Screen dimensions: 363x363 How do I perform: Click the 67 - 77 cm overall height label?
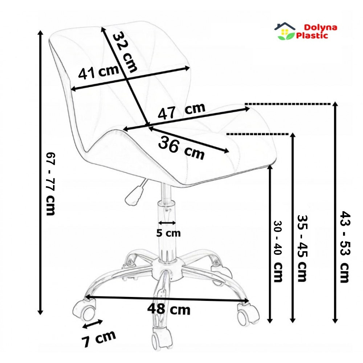[51, 184]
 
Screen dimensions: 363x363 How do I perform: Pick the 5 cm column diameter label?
[168, 233]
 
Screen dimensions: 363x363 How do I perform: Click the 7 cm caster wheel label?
[98, 338]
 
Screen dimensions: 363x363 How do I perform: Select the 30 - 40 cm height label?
[278, 251]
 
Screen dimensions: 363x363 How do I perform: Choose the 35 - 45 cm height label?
[302, 248]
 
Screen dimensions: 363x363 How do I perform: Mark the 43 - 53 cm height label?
[345, 246]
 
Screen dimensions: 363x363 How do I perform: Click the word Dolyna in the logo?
[321, 27]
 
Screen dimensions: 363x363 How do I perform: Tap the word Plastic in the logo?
[312, 36]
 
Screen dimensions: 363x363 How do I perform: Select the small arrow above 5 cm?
[167, 223]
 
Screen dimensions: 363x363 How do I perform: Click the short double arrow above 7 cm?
[93, 324]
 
